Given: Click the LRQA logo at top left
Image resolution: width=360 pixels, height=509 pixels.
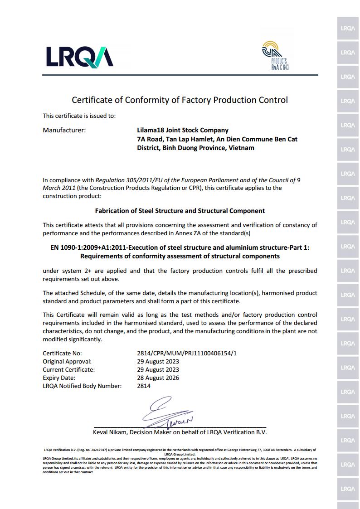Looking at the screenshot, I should (79, 57).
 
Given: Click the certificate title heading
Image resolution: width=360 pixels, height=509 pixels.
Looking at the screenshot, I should (180, 100).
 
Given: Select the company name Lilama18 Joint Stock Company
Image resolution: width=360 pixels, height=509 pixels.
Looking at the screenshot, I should (183, 130).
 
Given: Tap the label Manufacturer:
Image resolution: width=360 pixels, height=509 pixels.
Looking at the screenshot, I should (64, 130).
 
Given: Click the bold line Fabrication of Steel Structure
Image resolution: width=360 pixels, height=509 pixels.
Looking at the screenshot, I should (180, 211).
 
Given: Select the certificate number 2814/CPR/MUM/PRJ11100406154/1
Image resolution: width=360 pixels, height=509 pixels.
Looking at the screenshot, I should (187, 353).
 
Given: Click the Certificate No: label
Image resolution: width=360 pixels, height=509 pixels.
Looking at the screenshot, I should (62, 353).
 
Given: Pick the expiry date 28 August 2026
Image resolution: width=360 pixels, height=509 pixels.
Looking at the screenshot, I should (158, 378).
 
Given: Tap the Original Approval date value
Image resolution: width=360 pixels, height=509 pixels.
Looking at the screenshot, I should (158, 361).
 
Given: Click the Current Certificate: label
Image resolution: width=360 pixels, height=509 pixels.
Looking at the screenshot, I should (68, 369).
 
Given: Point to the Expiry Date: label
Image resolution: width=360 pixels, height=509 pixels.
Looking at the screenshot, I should (59, 378).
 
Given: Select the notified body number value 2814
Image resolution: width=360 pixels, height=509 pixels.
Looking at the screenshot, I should (144, 386).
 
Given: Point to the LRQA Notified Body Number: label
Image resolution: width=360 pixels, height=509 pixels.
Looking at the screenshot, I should (82, 386).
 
